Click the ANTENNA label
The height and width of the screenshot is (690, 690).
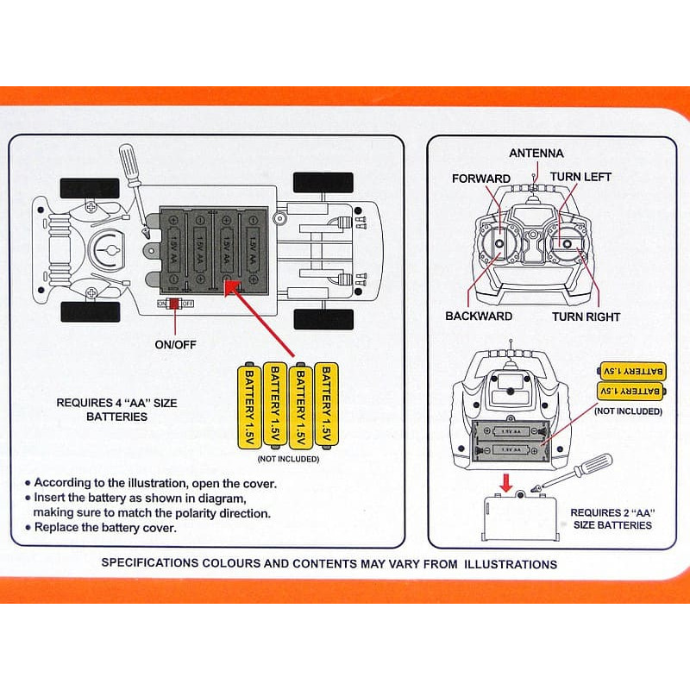536,154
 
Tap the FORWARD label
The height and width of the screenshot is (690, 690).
481,179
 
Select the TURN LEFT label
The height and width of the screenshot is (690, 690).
580,177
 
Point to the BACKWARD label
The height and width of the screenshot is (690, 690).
479,317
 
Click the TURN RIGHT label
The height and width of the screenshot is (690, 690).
586,317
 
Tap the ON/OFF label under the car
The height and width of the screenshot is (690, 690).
175,345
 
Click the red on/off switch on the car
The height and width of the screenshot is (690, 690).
173,304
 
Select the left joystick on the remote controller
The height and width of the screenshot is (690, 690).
499,244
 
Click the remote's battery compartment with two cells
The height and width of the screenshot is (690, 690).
512,440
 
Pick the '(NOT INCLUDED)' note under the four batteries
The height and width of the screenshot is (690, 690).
288,459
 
